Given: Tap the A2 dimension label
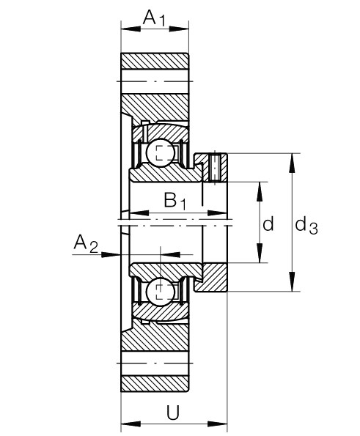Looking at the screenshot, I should click(85, 244).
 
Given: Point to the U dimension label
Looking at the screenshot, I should click(173, 413).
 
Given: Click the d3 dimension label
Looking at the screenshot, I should click(306, 226).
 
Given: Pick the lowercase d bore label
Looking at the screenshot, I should click(268, 224).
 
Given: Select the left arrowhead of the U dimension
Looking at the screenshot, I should click(125, 423).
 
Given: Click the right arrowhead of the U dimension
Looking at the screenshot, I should click(222, 423).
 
